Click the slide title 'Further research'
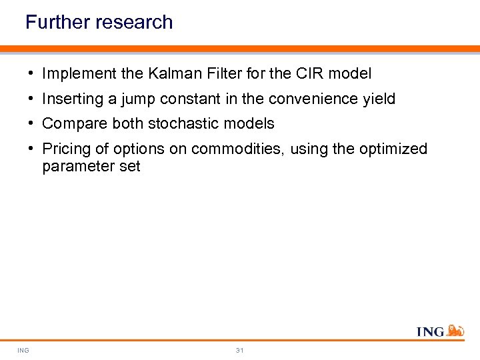[99, 23]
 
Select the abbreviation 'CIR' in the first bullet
[310, 74]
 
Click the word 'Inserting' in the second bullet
[71, 99]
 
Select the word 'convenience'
[313, 99]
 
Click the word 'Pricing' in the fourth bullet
[67, 149]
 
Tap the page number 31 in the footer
[240, 350]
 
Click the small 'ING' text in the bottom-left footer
[23, 350]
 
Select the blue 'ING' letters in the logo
[430, 331]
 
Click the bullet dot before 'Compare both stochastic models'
[31, 124]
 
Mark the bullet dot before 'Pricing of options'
[31, 149]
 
